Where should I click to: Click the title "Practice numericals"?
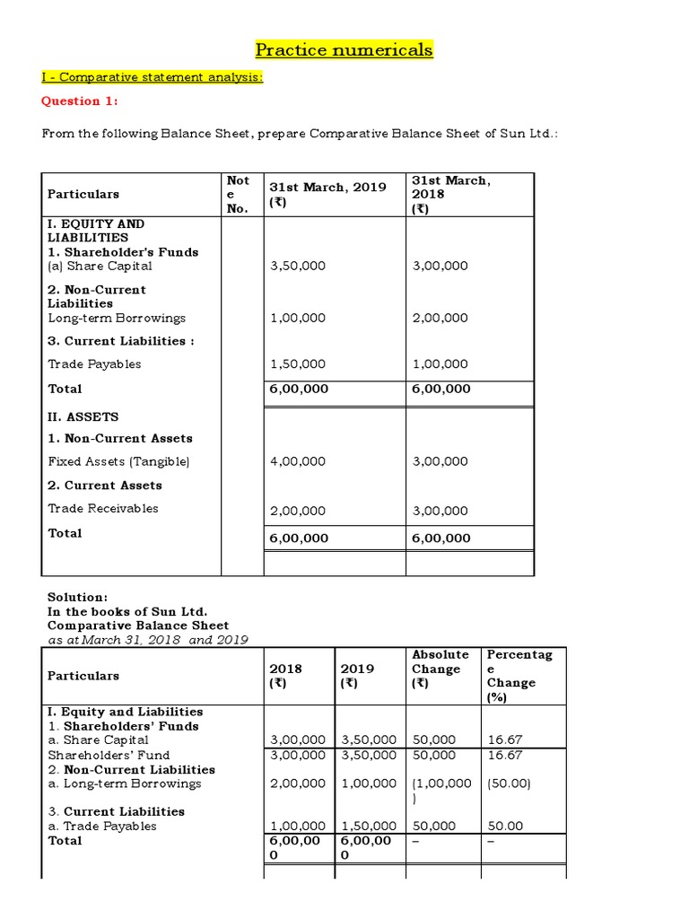point(344,49)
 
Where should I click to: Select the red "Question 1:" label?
point(80,101)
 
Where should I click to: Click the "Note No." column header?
point(239,194)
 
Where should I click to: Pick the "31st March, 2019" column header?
point(327,187)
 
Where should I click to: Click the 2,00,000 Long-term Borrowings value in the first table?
point(440,318)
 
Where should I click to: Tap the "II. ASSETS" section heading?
point(83,417)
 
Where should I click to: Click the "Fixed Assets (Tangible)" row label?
point(118,461)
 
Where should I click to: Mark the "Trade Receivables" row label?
point(103,508)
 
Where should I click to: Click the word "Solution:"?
point(77,597)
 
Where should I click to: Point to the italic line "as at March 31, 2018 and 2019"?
point(147,640)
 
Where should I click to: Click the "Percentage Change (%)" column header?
point(519,676)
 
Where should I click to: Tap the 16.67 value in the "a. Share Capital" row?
point(503,740)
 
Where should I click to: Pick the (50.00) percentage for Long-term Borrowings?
point(509,783)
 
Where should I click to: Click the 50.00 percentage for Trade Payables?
point(503,826)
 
